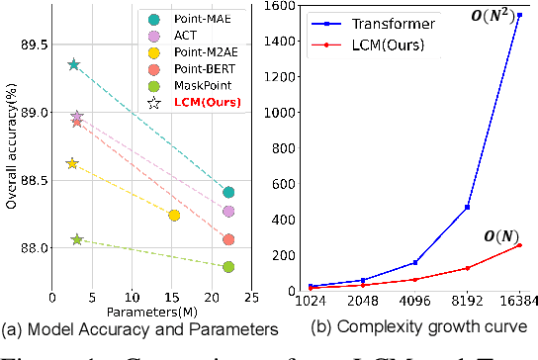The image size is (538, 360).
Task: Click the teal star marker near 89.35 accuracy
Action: pyautogui.click(x=73, y=64)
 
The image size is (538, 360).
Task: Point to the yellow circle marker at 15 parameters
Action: pyautogui.click(x=174, y=216)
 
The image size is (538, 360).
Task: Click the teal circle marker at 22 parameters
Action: pyautogui.click(x=228, y=192)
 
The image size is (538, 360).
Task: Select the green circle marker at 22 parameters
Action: pyautogui.click(x=228, y=267)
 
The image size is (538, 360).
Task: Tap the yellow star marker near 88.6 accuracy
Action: pyautogui.click(x=71, y=163)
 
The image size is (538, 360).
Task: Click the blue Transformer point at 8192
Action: pyautogui.click(x=467, y=207)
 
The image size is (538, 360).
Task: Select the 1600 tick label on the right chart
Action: pyautogui.click(x=274, y=7)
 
